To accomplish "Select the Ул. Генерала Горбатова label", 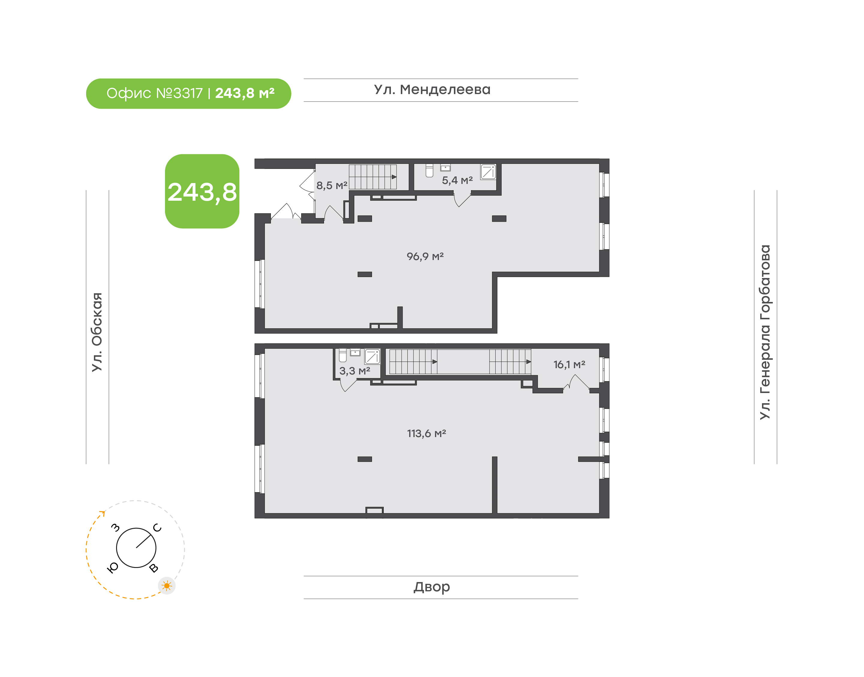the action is (x=765, y=332).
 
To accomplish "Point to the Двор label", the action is (x=432, y=587).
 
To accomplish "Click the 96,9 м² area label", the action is (x=425, y=256).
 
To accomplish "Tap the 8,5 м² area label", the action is (x=332, y=185).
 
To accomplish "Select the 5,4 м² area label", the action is (x=457, y=180).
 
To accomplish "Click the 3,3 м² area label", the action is (x=354, y=371).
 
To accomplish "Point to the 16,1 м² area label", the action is (x=569, y=364).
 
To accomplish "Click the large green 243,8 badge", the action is (x=202, y=191).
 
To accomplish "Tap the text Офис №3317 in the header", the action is (x=154, y=93).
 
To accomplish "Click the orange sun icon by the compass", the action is (x=167, y=585).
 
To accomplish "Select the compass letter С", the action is (x=157, y=528).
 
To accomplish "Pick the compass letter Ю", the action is (x=113, y=568).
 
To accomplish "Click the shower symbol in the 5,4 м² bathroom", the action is (x=488, y=172).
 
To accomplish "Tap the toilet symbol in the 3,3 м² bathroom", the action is (x=343, y=355).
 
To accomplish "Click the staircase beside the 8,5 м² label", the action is (x=373, y=177).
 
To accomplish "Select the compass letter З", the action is (x=115, y=528).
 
